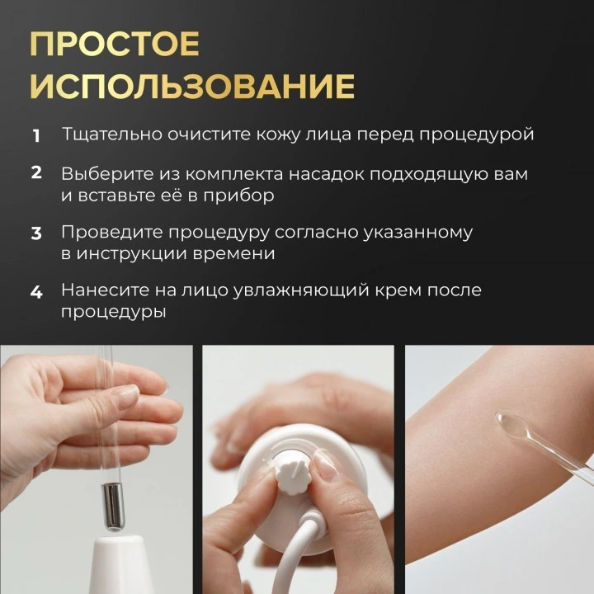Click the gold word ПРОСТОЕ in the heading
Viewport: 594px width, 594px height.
tap(115, 44)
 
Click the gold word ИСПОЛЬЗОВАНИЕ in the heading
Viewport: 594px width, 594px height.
tap(192, 86)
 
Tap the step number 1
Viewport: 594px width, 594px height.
tap(36, 136)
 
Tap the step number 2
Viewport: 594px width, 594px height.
tap(36, 172)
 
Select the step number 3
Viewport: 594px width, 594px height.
tap(36, 233)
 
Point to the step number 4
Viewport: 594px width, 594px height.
tap(36, 292)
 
